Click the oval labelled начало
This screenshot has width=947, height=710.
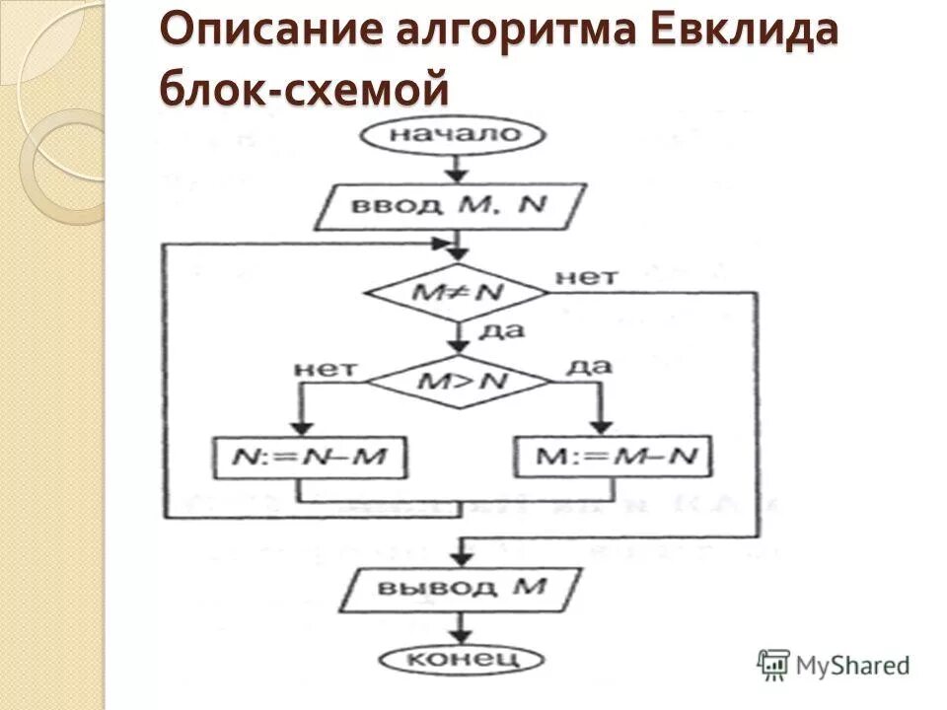point(455,136)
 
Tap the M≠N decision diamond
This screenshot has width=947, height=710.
point(456,292)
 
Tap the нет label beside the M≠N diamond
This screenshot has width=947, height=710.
point(586,277)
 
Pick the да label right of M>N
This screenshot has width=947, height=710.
point(589,366)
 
